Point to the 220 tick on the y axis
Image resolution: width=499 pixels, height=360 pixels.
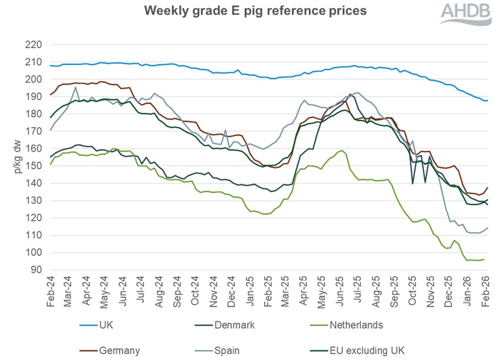[x=34, y=45]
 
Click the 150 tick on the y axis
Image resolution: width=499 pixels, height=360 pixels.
[x=34, y=166]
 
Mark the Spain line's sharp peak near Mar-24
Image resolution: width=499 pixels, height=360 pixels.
[x=76, y=87]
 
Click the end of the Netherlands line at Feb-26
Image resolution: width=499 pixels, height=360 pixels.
[x=483, y=259]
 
